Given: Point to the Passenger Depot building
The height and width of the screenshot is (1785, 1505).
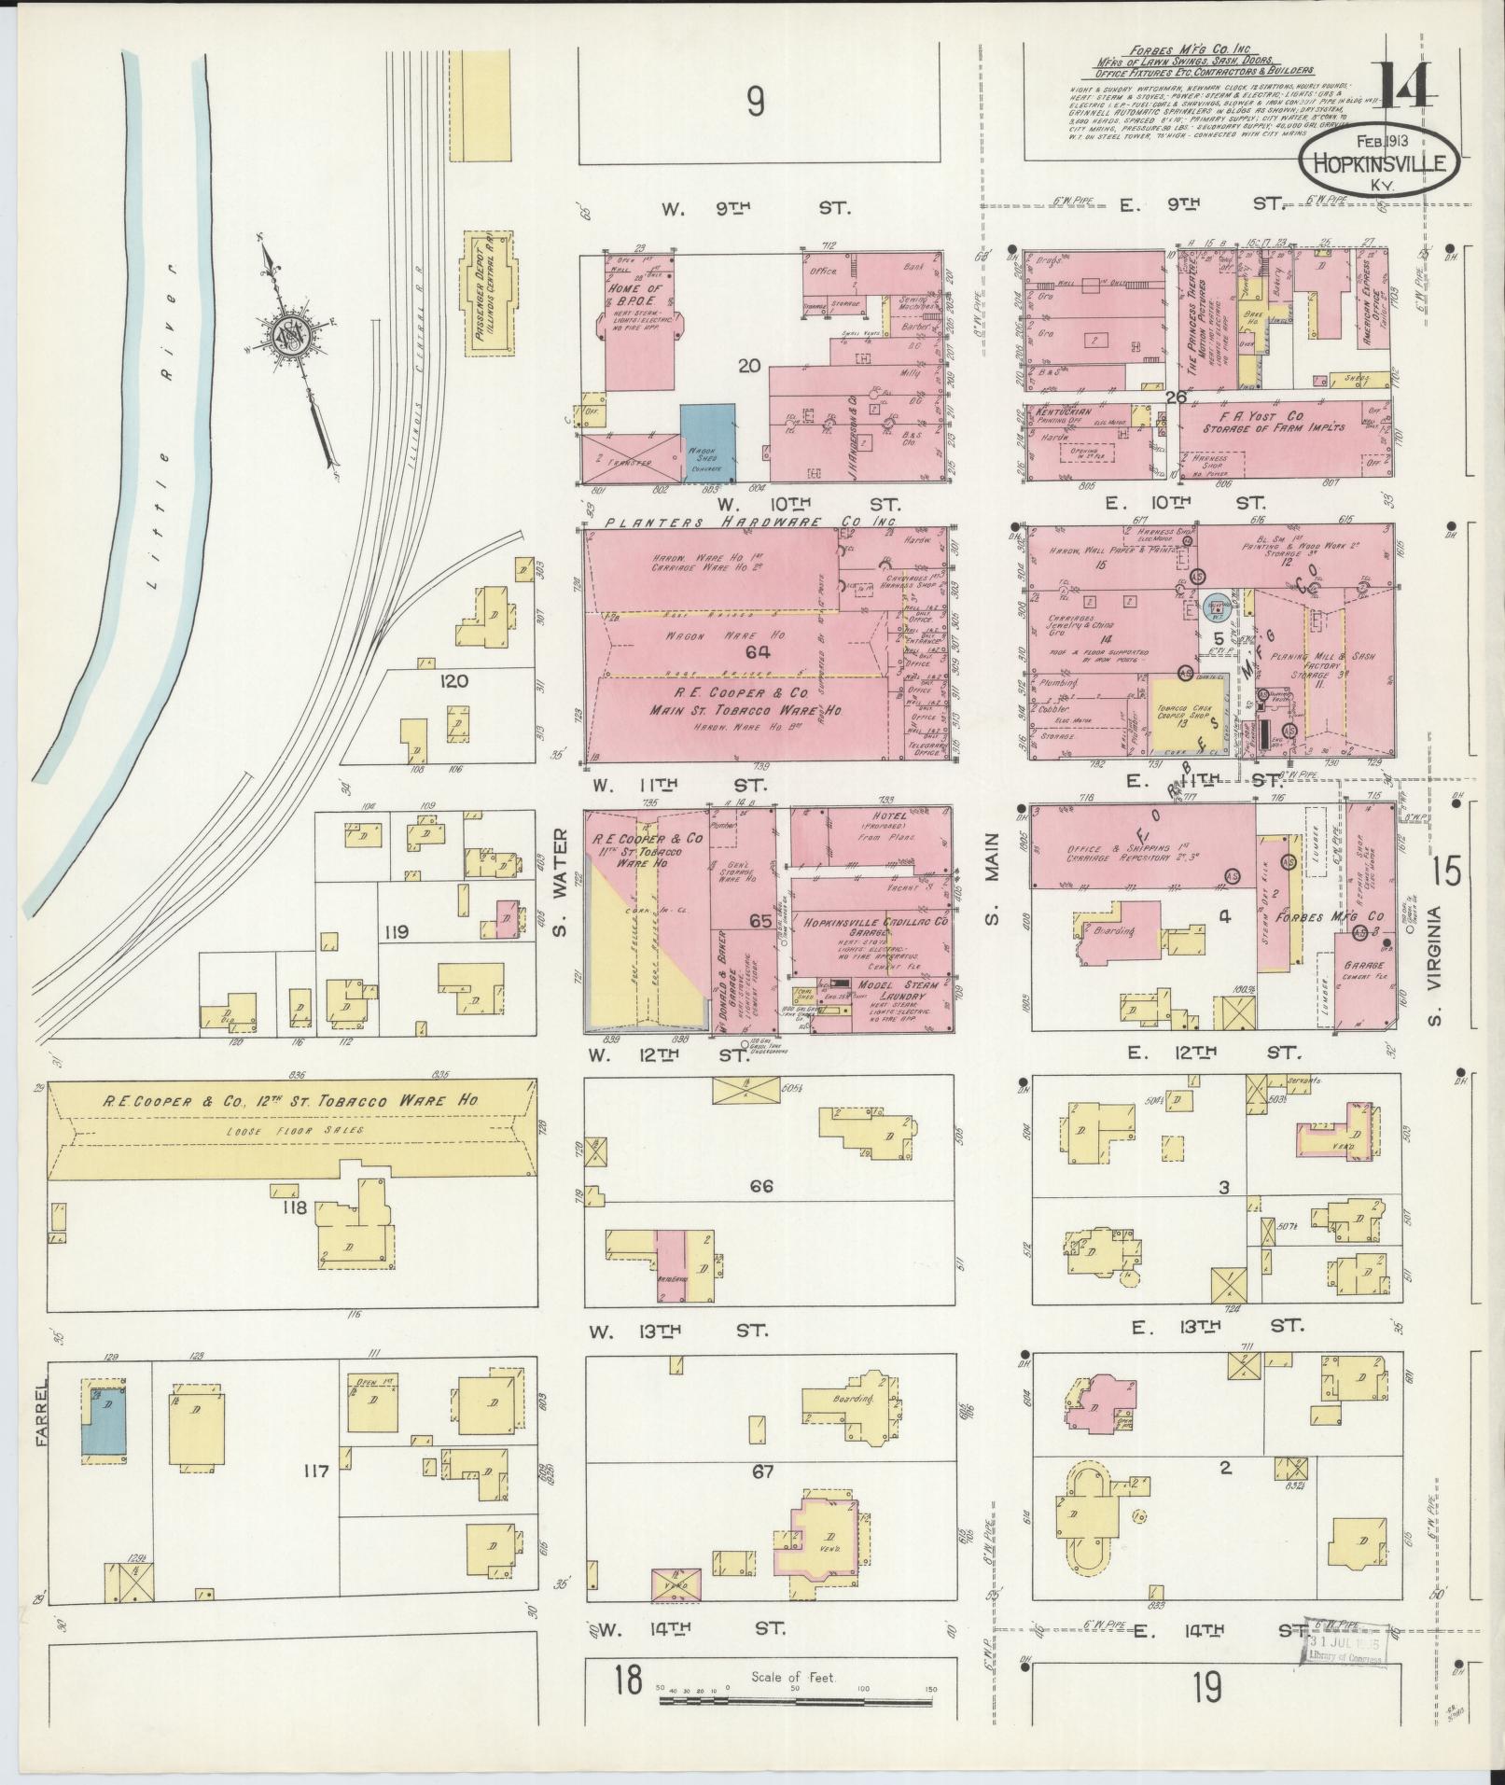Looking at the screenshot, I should (489, 294).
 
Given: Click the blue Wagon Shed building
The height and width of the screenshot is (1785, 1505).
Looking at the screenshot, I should (707, 443).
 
